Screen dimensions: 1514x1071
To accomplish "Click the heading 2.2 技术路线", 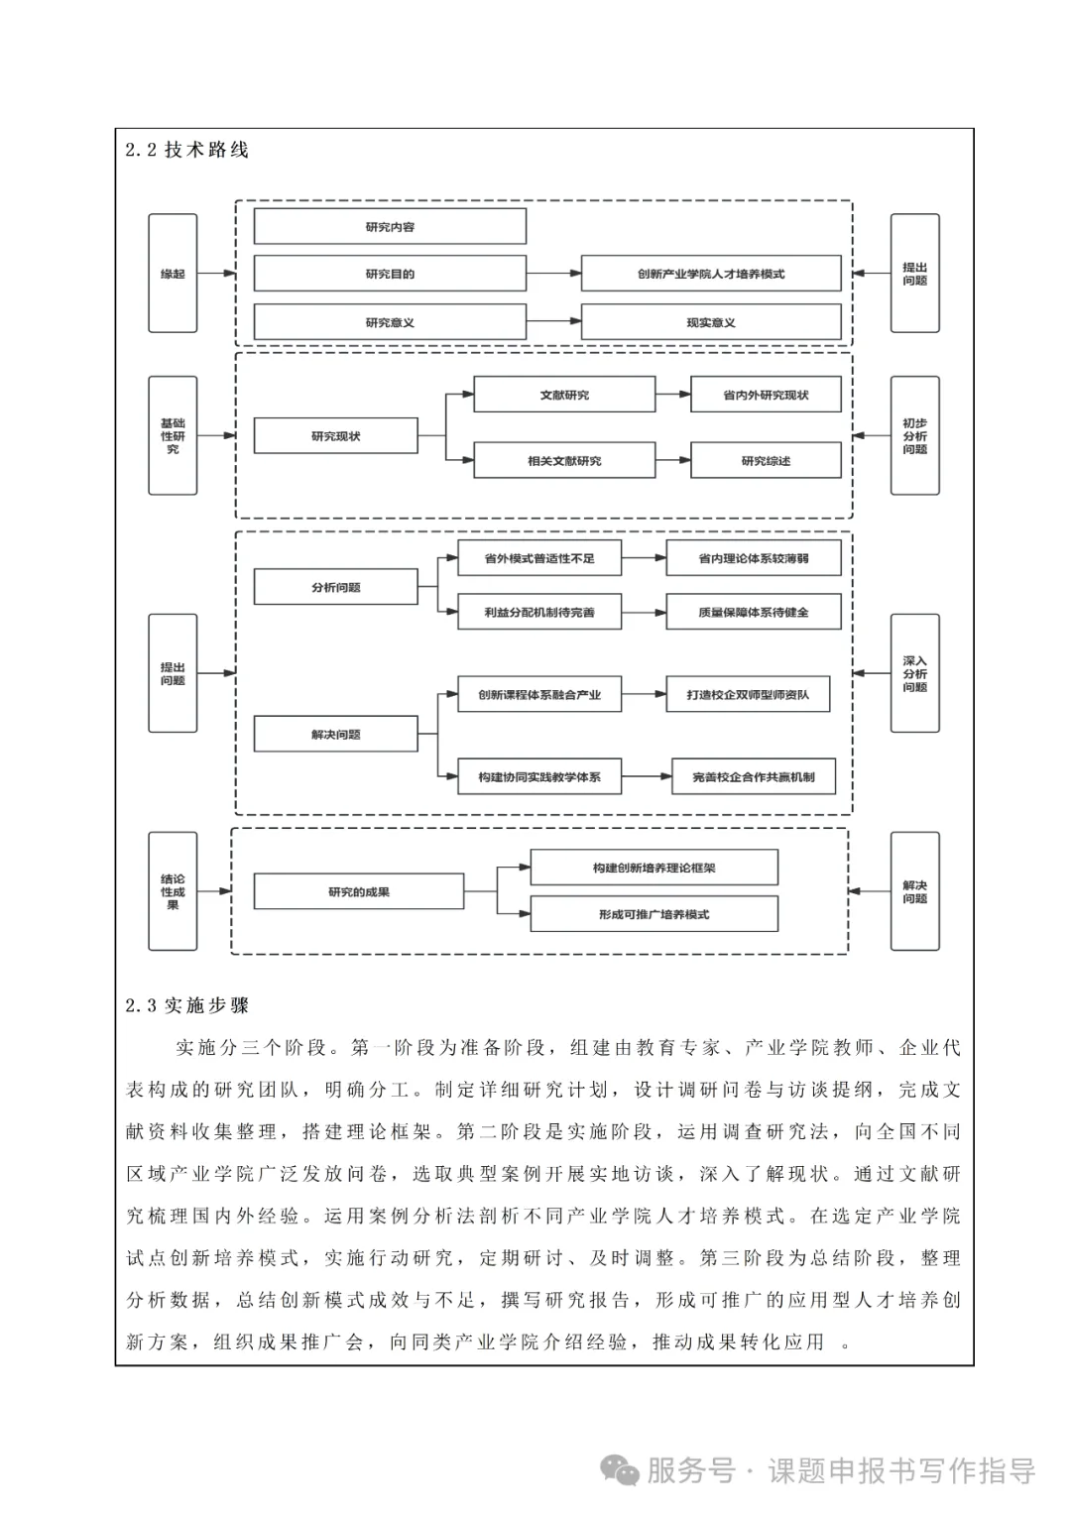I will click(186, 150).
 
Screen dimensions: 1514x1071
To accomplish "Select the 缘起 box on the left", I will click(173, 274).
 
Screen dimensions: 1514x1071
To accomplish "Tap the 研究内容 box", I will click(390, 227).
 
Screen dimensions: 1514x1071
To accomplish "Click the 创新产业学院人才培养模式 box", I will click(710, 274).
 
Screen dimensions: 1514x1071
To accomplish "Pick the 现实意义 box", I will click(710, 322).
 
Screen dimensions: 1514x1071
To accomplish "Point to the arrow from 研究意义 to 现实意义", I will click(553, 321).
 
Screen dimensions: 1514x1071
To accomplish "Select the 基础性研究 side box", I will click(173, 435).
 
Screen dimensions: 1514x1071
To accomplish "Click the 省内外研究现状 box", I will click(766, 395).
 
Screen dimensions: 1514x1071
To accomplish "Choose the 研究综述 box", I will click(766, 461).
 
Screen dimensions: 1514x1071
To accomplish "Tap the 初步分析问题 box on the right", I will click(914, 435).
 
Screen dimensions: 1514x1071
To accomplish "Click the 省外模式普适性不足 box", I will click(539, 558).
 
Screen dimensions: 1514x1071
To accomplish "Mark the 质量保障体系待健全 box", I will click(753, 612).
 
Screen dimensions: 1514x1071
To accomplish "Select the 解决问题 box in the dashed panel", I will click(335, 735).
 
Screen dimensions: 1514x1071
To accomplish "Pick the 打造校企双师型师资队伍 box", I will click(748, 694).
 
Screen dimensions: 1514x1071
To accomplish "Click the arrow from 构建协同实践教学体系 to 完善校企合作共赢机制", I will click(646, 777).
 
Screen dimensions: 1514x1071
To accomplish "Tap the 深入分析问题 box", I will click(914, 673).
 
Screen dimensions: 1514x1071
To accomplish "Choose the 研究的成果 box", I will click(359, 891).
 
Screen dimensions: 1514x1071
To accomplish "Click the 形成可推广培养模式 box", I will click(654, 914).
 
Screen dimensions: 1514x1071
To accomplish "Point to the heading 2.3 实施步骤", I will click(186, 1005).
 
